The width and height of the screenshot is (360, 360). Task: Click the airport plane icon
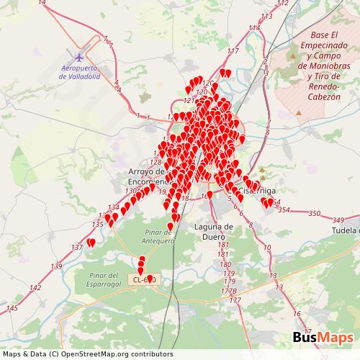[x=78, y=56]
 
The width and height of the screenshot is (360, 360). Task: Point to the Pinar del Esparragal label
[x=104, y=280]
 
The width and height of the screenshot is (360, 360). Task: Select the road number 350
[x=314, y=214]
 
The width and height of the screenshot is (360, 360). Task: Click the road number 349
[x=338, y=220]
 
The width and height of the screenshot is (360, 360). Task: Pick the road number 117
[x=232, y=51]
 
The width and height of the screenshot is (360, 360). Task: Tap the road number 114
[x=253, y=27]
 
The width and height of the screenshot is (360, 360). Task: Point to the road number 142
[x=35, y=288]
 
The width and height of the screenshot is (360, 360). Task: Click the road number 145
[x=12, y=308]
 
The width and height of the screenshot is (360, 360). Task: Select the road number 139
[x=56, y=266]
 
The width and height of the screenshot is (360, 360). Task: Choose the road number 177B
[x=230, y=291]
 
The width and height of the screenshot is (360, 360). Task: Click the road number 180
[x=227, y=264]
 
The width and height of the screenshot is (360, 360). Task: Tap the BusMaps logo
[x=323, y=339]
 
